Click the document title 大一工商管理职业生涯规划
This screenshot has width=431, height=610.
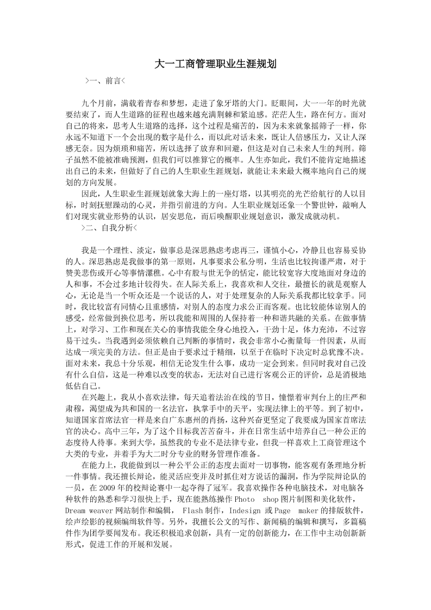tap(215, 64)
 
